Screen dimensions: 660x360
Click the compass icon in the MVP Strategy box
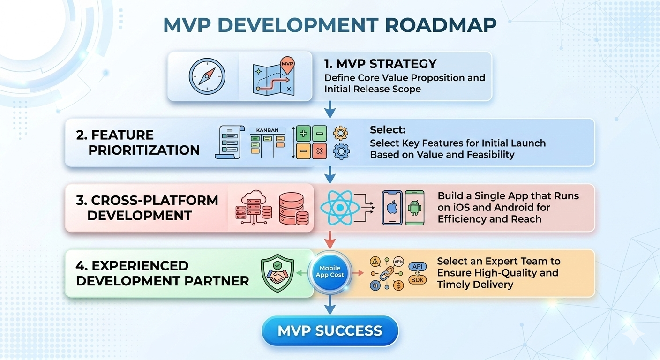[207, 76]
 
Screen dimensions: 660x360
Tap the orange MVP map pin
[287, 65]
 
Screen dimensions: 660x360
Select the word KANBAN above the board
[267, 130]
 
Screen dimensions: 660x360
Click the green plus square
[303, 134]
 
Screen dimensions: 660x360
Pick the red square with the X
[319, 151]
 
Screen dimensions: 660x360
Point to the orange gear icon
[341, 133]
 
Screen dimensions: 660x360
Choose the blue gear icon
[341, 151]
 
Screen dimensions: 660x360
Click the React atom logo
[340, 208]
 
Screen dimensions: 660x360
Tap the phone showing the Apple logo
[392, 208]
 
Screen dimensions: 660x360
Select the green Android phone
[414, 208]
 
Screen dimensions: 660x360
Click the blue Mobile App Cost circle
[330, 271]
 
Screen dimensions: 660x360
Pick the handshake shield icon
[277, 273]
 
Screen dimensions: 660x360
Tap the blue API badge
[418, 266]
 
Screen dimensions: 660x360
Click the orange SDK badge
[418, 280]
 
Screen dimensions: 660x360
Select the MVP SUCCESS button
[330, 330]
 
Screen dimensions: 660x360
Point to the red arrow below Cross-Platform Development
[330, 240]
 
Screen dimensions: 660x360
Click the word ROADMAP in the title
[441, 25]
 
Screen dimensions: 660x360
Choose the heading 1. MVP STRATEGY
[380, 64]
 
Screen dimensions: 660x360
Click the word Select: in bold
[388, 130]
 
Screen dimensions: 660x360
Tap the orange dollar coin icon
[398, 285]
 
